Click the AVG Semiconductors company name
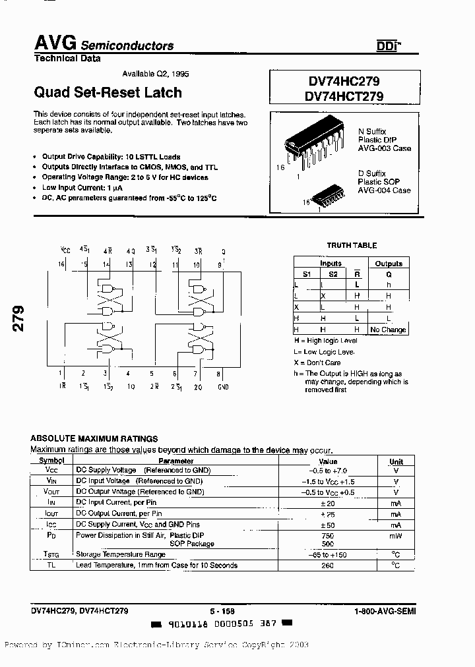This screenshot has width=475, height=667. tap(104, 44)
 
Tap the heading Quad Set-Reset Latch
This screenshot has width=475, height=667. tap(108, 92)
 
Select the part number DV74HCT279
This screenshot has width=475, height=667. tap(344, 96)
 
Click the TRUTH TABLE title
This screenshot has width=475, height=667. tap(352, 245)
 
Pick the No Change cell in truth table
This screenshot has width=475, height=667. tap(388, 330)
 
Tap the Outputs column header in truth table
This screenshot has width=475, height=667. tap(388, 264)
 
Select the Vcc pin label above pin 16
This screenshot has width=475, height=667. tap(65, 250)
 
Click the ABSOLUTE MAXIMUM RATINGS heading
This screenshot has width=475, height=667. tap(94, 438)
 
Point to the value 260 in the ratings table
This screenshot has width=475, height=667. tap(328, 565)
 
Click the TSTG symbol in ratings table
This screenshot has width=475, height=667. tap(51, 555)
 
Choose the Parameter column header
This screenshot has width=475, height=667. tap(176, 461)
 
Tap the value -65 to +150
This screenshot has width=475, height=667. tap(328, 555)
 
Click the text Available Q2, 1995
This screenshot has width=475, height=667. tap(156, 74)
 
